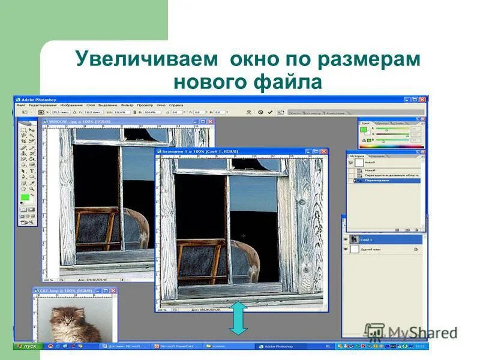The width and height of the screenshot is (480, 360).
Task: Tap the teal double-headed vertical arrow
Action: [238, 318]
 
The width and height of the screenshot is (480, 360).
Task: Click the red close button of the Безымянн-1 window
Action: [324, 152]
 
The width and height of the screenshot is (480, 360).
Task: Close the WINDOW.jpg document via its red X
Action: [211, 121]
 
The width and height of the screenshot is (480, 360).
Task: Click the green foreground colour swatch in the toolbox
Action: [25, 197]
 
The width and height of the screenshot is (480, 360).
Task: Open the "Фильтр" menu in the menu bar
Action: [127, 105]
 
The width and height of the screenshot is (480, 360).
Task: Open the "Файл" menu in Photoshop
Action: [21, 105]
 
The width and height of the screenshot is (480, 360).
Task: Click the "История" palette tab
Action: [358, 155]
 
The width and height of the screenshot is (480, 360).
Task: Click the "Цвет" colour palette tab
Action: [365, 122]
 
